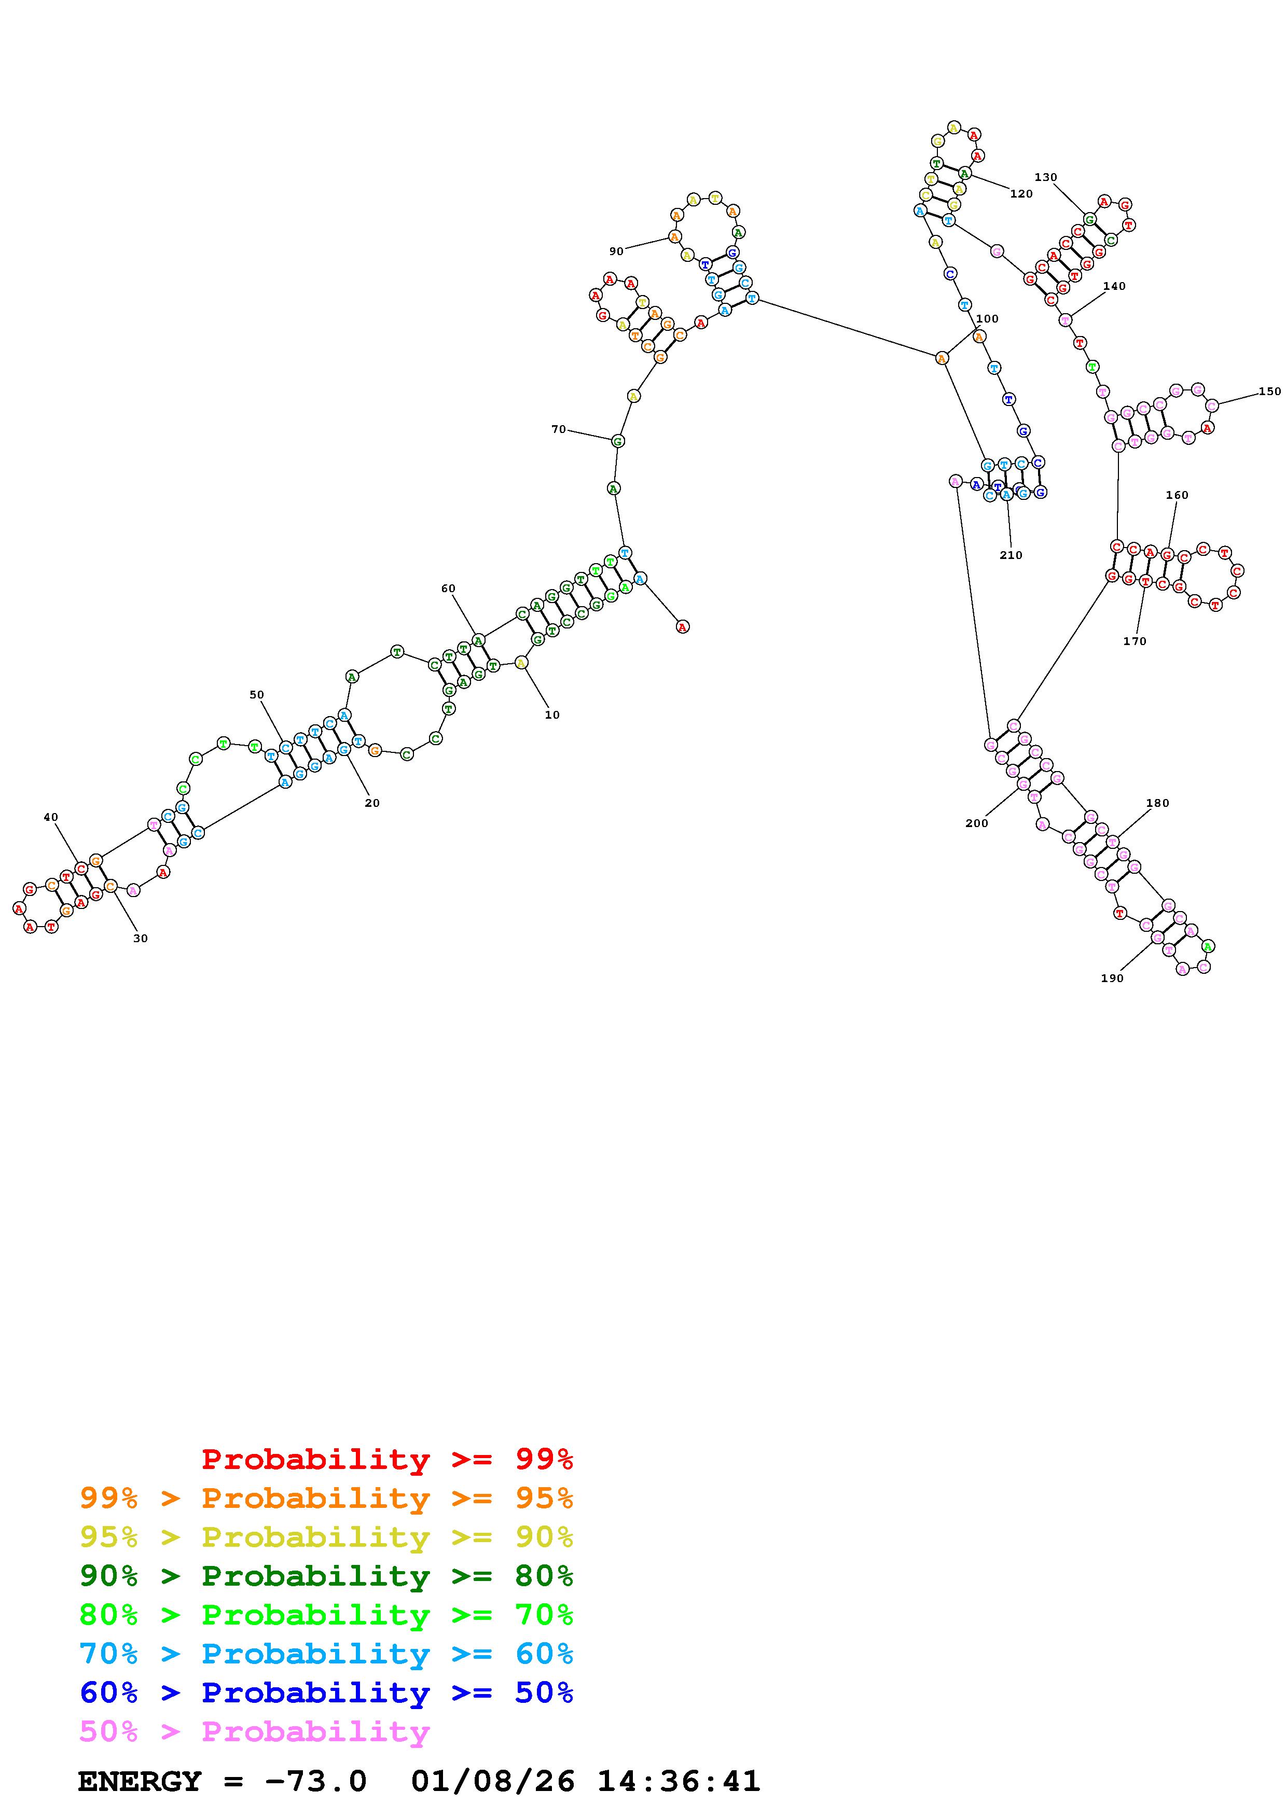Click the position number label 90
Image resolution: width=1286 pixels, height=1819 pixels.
tap(616, 251)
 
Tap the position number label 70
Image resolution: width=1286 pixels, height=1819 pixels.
tap(559, 429)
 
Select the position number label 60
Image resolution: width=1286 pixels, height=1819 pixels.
tap(449, 589)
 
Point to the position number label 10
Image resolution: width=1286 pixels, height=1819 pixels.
tap(552, 715)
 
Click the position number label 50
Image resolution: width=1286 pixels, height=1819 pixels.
tap(257, 695)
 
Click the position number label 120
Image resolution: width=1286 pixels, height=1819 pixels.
tap(1021, 194)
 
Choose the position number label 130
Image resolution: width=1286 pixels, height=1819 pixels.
tap(1046, 177)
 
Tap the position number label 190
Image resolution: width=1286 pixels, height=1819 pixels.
tap(1112, 978)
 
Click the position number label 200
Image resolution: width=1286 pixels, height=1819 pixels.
tap(977, 823)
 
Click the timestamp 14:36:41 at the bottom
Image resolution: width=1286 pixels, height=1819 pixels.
tap(678, 1782)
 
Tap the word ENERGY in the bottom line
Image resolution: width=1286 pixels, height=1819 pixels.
tap(140, 1782)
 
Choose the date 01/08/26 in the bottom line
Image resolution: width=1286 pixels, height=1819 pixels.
tap(493, 1782)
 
